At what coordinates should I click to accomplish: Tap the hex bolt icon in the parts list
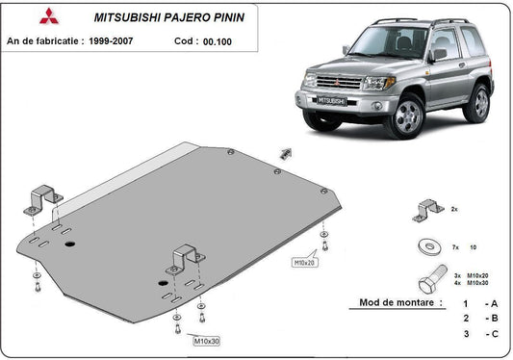(x=428, y=282)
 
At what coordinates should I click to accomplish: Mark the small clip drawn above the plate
(x=286, y=152)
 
